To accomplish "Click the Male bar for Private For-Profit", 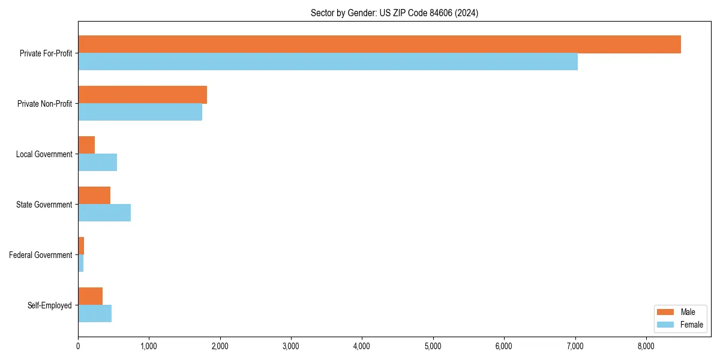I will (x=379, y=44).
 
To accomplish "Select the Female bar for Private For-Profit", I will (x=328, y=62).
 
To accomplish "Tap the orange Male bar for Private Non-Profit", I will (x=142, y=95).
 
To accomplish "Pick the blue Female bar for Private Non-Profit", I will (x=140, y=112).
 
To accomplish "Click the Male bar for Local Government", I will (x=86, y=145).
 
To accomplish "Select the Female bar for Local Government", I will (x=97, y=163).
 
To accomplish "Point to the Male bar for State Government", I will (x=94, y=196).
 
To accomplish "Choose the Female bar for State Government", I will (x=104, y=213).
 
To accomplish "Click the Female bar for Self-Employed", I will (x=95, y=314).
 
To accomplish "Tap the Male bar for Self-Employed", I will (x=90, y=296).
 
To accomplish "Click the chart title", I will (x=394, y=13).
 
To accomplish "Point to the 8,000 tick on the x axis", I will (x=646, y=346).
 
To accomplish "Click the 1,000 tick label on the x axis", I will (x=149, y=346).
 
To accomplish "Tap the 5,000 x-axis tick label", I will (x=433, y=346).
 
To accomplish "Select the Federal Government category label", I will (x=41, y=255).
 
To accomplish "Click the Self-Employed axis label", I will (x=50, y=305).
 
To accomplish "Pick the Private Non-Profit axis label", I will (x=44, y=104).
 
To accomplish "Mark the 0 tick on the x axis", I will (x=78, y=346).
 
